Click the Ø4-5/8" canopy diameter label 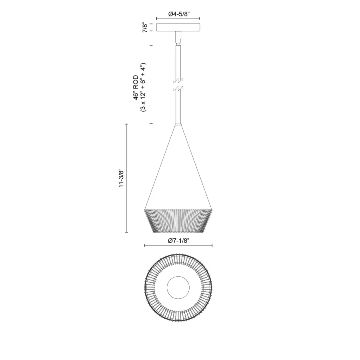point(178,14)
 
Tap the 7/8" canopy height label point(145,28)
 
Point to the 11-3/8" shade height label point(121,178)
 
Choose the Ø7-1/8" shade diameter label point(178,240)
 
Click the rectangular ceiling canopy point(178,28)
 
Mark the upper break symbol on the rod point(178,80)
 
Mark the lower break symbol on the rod point(178,89)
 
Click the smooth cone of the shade point(178,176)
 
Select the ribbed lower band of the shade point(178,220)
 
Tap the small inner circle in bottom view point(178,288)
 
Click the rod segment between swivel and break point(178,60)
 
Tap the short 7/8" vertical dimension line point(150,28)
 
